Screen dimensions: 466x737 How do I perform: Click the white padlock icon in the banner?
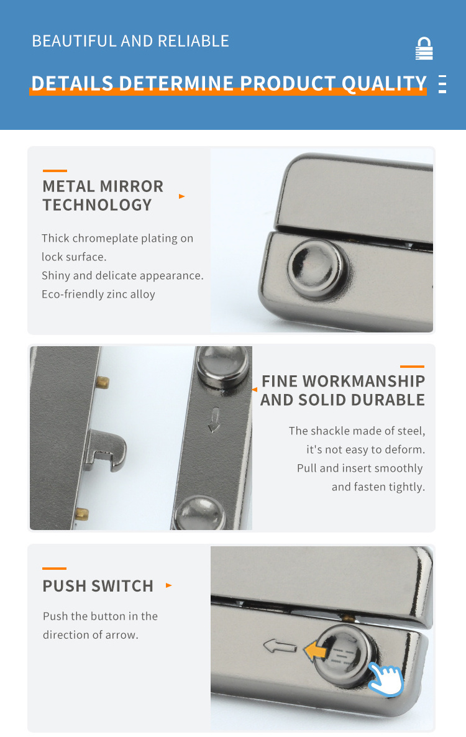point(424,48)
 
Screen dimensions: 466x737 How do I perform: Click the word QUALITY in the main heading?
point(384,83)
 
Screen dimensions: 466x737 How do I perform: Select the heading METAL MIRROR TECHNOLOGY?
point(103,196)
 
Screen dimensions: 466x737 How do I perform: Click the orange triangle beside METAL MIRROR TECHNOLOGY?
point(182,196)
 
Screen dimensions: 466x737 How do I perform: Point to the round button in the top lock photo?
point(317,269)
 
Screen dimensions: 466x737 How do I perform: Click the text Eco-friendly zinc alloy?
point(98,294)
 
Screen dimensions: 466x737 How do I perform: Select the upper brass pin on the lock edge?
point(103,382)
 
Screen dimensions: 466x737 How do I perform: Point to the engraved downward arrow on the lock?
point(214,419)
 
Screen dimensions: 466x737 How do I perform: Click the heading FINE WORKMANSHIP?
point(343,381)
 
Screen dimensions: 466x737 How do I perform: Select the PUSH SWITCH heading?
point(98,586)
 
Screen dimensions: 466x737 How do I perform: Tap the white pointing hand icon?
point(386,679)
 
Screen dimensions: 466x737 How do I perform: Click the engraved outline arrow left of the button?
point(280,646)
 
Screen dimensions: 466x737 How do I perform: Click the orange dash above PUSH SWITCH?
point(55,568)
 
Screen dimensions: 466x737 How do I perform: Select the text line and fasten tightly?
point(378,487)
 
